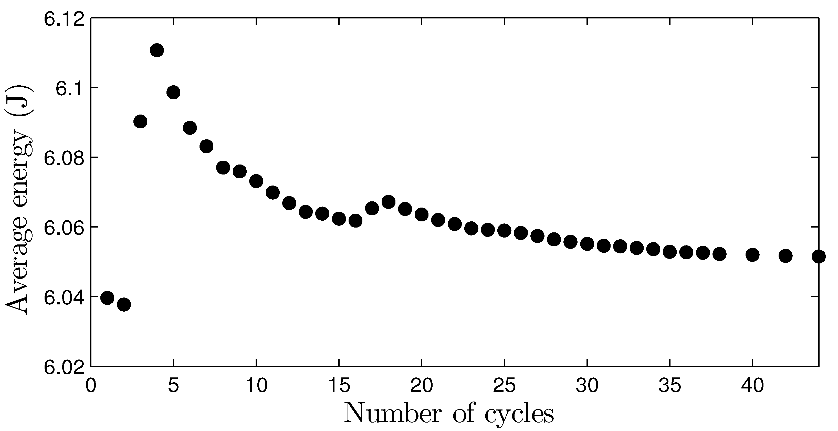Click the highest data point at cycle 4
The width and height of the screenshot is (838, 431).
pos(157,50)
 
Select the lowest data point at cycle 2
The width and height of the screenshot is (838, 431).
pos(124,305)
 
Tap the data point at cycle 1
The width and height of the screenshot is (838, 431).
pos(107,297)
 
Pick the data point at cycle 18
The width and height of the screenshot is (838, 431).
pos(389,202)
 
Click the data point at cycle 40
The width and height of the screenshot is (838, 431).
pos(752,254)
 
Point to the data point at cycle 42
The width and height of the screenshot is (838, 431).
pos(785,256)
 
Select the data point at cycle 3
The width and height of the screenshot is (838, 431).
pos(140,121)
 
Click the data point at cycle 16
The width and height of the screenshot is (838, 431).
pos(355,221)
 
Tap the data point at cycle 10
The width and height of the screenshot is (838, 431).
pos(256,181)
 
